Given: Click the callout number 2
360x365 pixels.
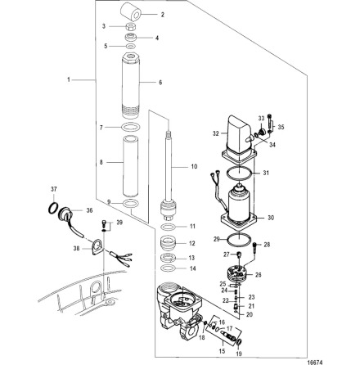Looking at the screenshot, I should pos(162,15).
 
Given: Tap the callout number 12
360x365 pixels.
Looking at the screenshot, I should pos(192,243).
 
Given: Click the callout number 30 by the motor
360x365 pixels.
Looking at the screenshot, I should pos(272,218).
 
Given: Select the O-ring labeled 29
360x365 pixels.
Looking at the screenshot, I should pos(237,239).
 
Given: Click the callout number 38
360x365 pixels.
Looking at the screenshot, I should pos(75,247).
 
